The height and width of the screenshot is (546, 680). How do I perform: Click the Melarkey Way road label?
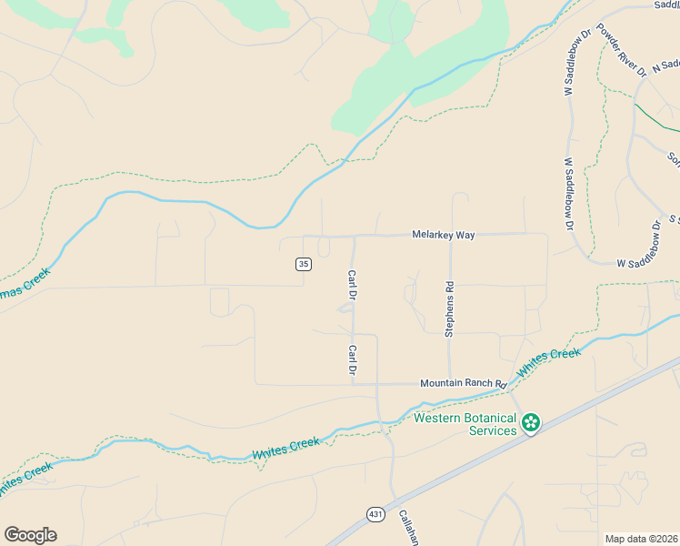pyautogui.click(x=443, y=235)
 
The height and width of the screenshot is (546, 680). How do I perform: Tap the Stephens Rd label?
pyautogui.click(x=449, y=308)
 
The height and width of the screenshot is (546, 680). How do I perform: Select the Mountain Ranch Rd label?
pyautogui.click(x=463, y=384)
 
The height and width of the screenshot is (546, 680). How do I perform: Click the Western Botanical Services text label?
pyautogui.click(x=465, y=424)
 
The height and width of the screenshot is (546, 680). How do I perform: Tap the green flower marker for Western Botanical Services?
pyautogui.click(x=531, y=423)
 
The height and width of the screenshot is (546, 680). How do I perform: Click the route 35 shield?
pyautogui.click(x=304, y=264)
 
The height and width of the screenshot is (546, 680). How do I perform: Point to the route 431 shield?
pyautogui.click(x=376, y=514)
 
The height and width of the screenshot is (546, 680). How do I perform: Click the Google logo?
pyautogui.click(x=30, y=535)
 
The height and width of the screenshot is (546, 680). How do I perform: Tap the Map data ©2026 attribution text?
pyautogui.click(x=641, y=539)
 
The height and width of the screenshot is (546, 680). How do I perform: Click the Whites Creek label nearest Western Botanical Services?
pyautogui.click(x=548, y=363)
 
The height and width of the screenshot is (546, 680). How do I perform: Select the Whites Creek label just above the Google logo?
pyautogui.click(x=25, y=479)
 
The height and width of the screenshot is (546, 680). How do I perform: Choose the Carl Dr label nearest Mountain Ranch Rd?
pyautogui.click(x=351, y=360)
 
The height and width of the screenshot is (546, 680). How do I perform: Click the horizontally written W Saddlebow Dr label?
pyautogui.click(x=649, y=263)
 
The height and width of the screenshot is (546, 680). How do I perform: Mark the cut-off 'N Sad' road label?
pyautogui.click(x=665, y=66)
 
